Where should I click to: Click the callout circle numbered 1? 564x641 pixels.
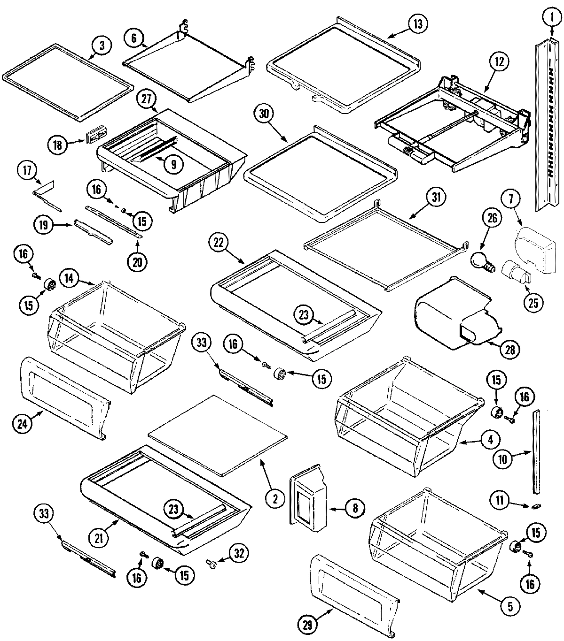point(549,18)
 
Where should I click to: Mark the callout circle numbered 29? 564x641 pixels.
point(310,624)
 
